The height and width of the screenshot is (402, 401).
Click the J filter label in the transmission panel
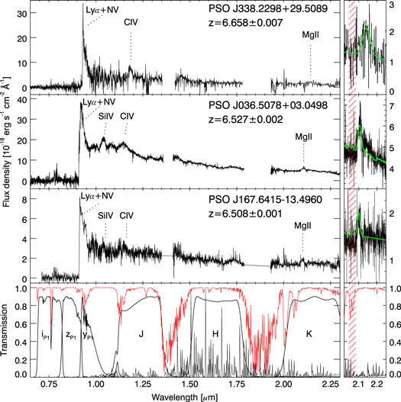tap(140, 334)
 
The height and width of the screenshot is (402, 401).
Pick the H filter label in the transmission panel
tap(215, 334)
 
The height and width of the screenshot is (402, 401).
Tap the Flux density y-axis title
tap(8, 143)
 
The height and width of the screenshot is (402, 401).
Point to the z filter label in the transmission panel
tap(68, 334)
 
